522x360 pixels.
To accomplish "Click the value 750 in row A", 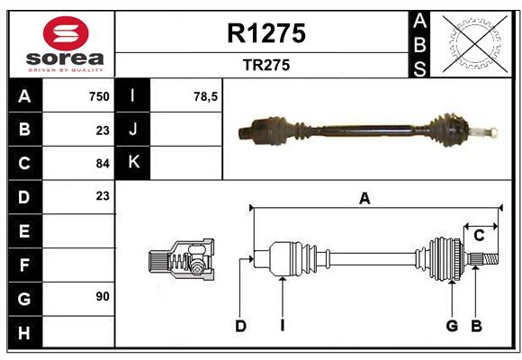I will tap(99, 96).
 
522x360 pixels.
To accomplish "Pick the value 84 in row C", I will tap(103, 164).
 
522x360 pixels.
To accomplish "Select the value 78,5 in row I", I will tap(205, 96).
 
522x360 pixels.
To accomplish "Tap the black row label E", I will tap(24, 231).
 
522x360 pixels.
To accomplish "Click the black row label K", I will tap(133, 163).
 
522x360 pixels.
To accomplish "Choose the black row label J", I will tap(133, 130).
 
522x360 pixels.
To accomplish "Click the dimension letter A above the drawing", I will tap(364, 199).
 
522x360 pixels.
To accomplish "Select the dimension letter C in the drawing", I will tap(480, 235).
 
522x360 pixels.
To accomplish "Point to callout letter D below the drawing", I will tap(240, 326).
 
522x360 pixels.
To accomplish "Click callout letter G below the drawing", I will tap(452, 326).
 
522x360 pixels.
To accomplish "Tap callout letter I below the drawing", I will tap(282, 326).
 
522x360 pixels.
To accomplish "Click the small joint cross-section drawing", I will tap(180, 260).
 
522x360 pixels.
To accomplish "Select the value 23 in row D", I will tap(103, 196).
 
